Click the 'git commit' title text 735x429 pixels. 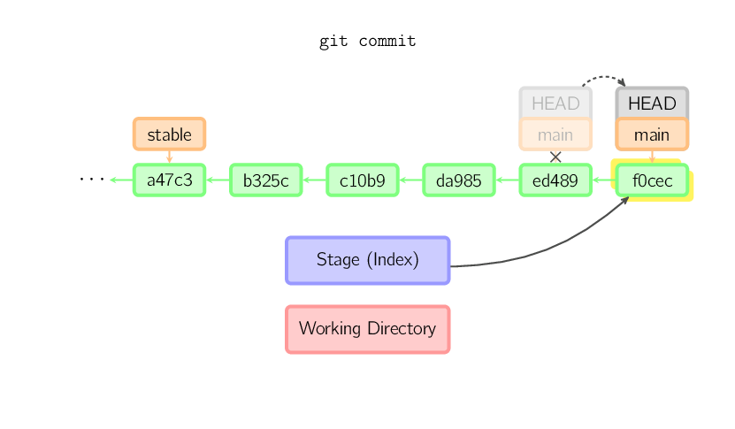pos(367,41)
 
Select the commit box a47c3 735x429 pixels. pos(169,180)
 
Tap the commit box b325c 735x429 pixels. pos(265,180)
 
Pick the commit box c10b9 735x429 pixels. pos(362,180)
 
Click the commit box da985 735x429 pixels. pos(458,180)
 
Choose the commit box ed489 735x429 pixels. pos(555,180)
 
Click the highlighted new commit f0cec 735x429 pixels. pos(652,180)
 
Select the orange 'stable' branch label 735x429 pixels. pos(169,134)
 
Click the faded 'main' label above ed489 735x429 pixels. pos(555,134)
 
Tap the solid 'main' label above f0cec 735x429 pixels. pos(652,134)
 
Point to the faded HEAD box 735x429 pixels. pos(555,103)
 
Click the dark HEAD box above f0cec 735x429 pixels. pos(652,103)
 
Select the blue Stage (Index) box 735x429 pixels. pos(367,260)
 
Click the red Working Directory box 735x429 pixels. pos(367,329)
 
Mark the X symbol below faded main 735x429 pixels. pos(555,157)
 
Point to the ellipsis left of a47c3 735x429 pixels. pos(91,180)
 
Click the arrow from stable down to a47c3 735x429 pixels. pos(169,157)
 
